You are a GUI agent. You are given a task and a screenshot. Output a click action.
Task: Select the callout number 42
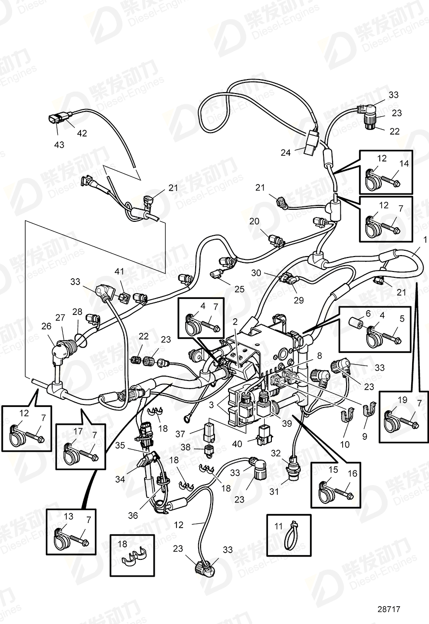(x=82, y=133)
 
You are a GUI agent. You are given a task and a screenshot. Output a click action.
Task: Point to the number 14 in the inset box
(x=403, y=163)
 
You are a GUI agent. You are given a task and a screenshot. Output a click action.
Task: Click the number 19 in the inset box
(x=389, y=399)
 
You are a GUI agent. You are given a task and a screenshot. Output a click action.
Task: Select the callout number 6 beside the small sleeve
(x=368, y=313)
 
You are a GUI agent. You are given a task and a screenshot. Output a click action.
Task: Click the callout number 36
(x=133, y=515)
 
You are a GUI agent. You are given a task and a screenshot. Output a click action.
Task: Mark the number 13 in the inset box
(x=69, y=517)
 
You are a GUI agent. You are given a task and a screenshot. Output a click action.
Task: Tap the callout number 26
(x=46, y=326)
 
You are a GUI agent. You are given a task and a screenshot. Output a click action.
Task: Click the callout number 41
(x=119, y=285)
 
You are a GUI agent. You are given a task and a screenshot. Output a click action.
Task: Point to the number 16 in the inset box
(x=352, y=474)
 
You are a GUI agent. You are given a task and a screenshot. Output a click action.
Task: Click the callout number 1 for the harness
(x=425, y=240)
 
